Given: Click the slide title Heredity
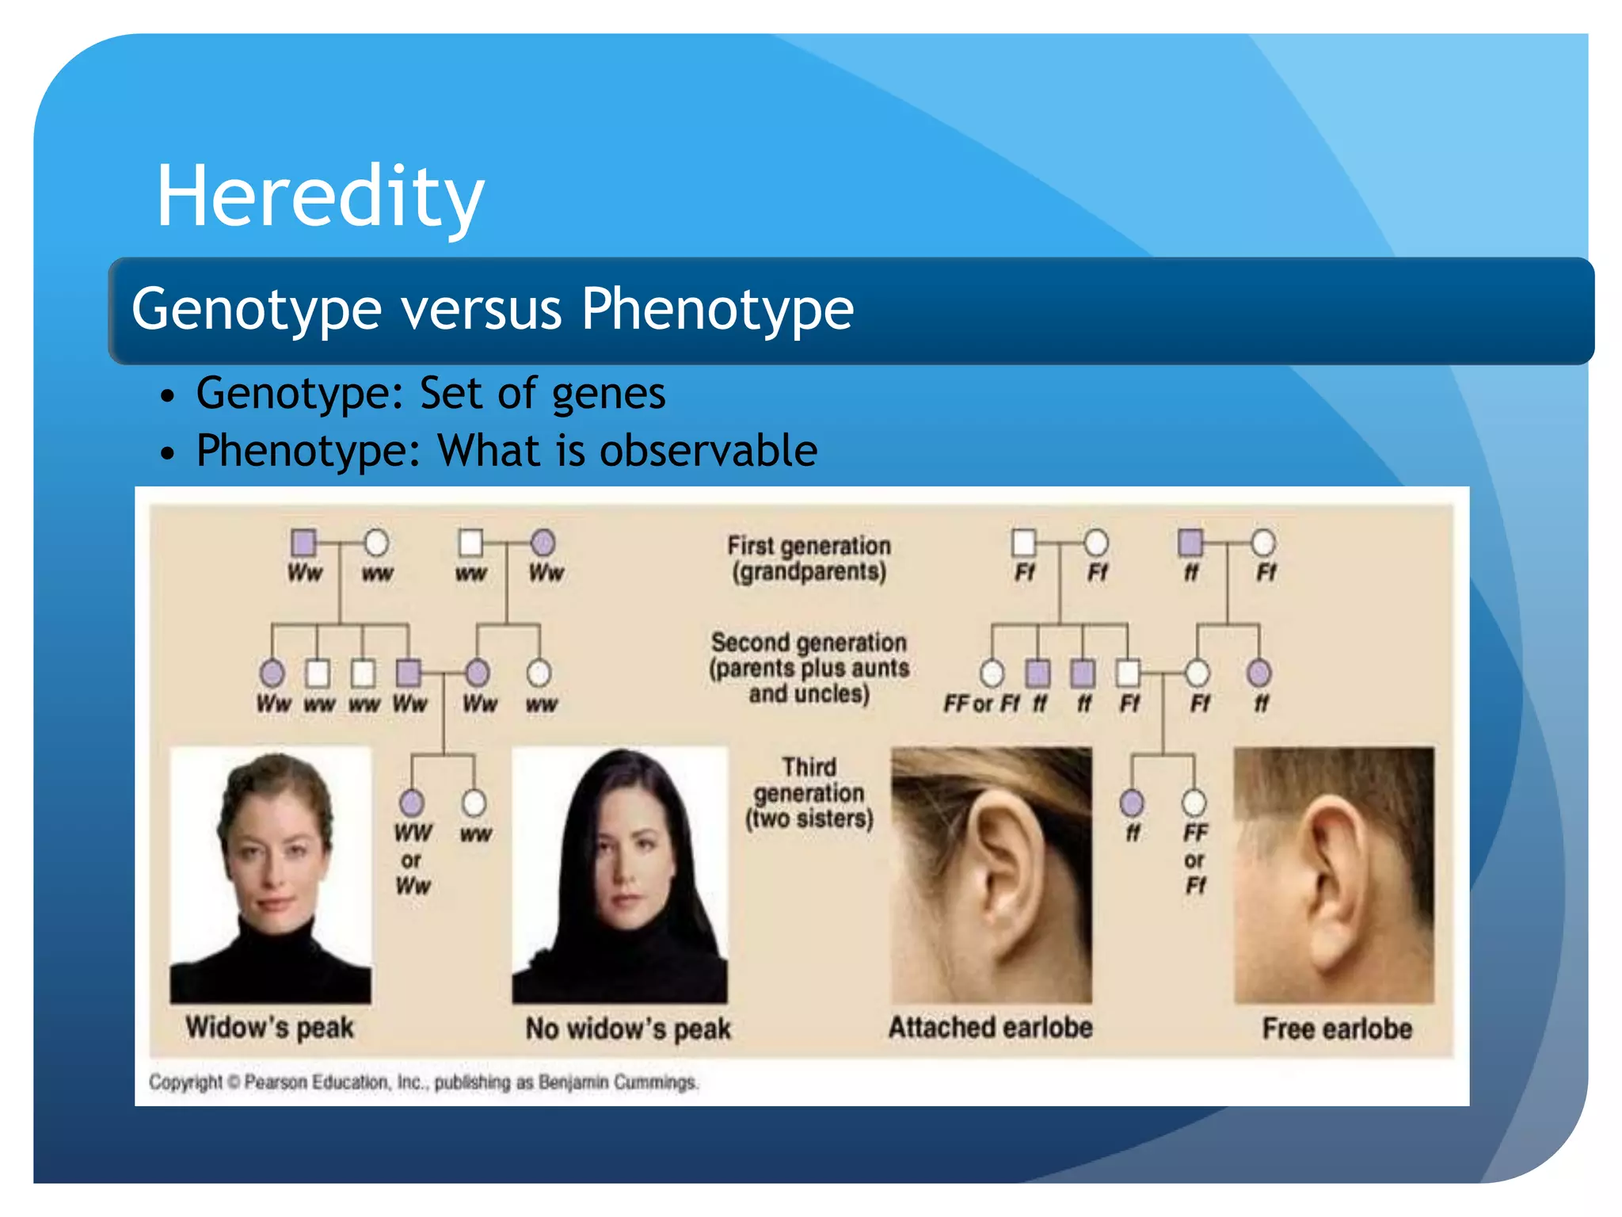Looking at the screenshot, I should pyautogui.click(x=320, y=196).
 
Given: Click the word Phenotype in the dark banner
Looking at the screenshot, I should pyautogui.click(x=717, y=309).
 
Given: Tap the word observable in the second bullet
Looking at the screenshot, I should pyautogui.click(x=708, y=451).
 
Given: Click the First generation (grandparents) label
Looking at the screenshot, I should pyautogui.click(x=809, y=559).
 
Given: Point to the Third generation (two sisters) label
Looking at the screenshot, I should pyautogui.click(x=809, y=793).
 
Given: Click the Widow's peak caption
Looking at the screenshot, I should pyautogui.click(x=269, y=1028).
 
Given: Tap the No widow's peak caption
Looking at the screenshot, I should pyautogui.click(x=628, y=1029).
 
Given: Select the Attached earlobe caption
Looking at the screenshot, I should pyautogui.click(x=990, y=1028).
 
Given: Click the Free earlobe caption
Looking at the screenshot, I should pyautogui.click(x=1336, y=1029).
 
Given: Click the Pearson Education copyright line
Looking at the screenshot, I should pyautogui.click(x=424, y=1082).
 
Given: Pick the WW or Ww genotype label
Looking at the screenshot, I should pyautogui.click(x=413, y=860).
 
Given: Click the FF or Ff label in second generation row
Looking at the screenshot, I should pyautogui.click(x=980, y=704).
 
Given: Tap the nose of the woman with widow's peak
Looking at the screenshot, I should pyautogui.click(x=272, y=872).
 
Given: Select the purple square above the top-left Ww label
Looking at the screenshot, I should pyautogui.click(x=304, y=543).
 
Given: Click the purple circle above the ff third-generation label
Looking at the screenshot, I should pyautogui.click(x=1132, y=803).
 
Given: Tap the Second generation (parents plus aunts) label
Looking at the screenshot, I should pyautogui.click(x=809, y=668).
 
